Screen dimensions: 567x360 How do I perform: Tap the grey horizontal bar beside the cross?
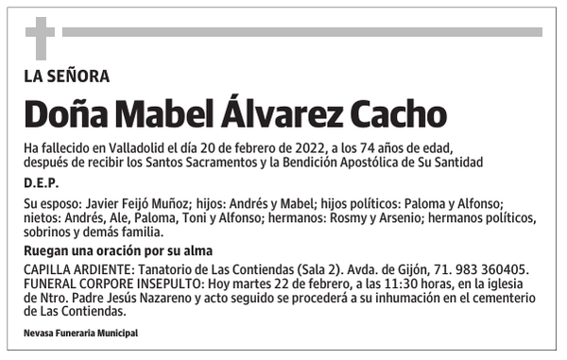tap(301, 31)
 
